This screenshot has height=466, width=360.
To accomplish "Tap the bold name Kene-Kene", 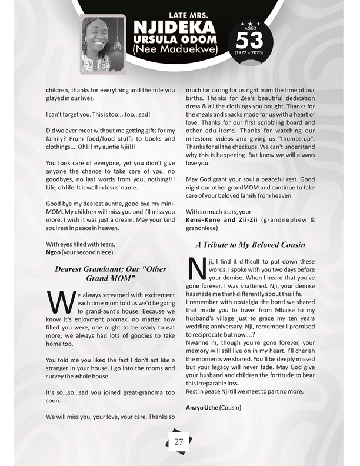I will [204, 219].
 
